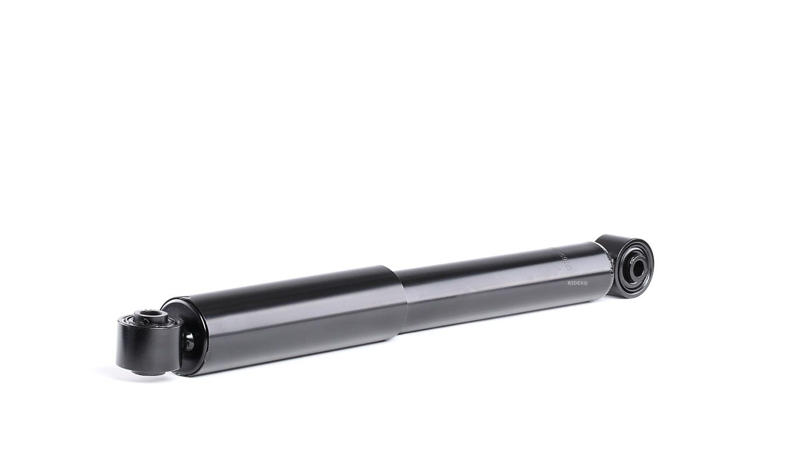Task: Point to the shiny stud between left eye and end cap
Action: pyautogui.click(x=188, y=344)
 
